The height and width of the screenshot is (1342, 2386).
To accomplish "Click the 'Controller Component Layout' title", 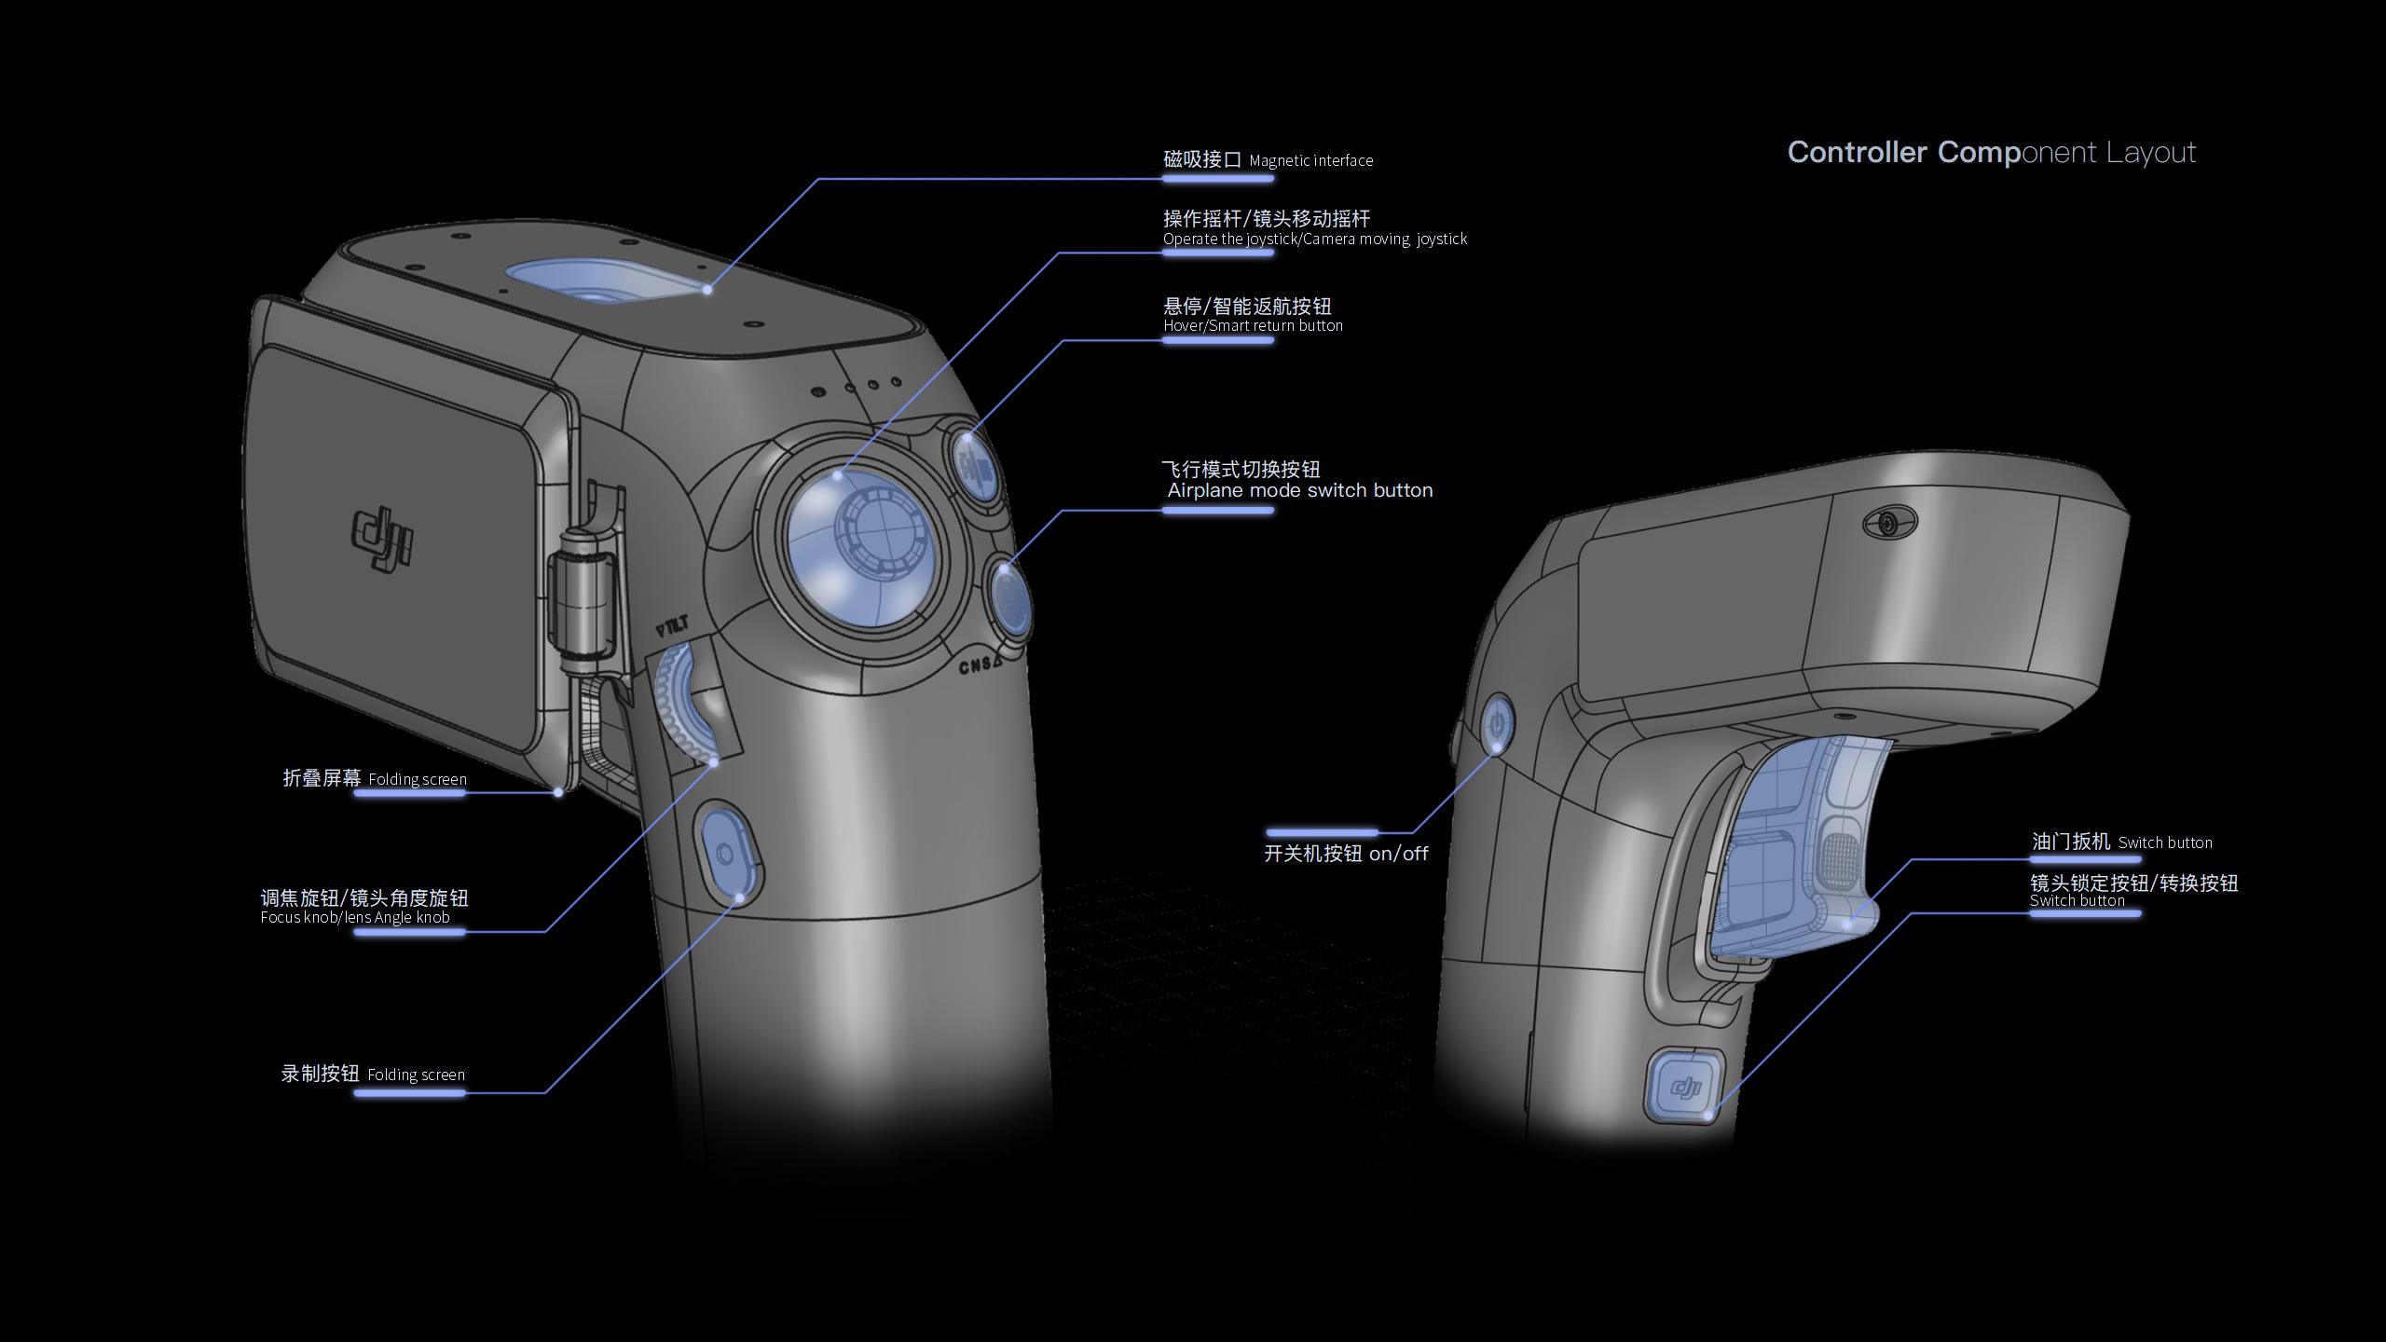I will click(x=1991, y=152).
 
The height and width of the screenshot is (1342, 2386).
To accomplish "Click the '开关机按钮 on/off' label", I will click(x=1345, y=854).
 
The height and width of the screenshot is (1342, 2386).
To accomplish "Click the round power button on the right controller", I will click(x=1497, y=723).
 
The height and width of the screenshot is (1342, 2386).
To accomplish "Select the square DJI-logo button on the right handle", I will click(x=1685, y=1087).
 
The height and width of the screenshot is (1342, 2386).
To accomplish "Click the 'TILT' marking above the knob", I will click(x=672, y=627).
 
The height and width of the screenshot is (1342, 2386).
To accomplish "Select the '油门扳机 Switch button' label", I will click(x=2121, y=842).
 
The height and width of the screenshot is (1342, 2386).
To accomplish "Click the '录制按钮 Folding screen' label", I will click(x=373, y=1074).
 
